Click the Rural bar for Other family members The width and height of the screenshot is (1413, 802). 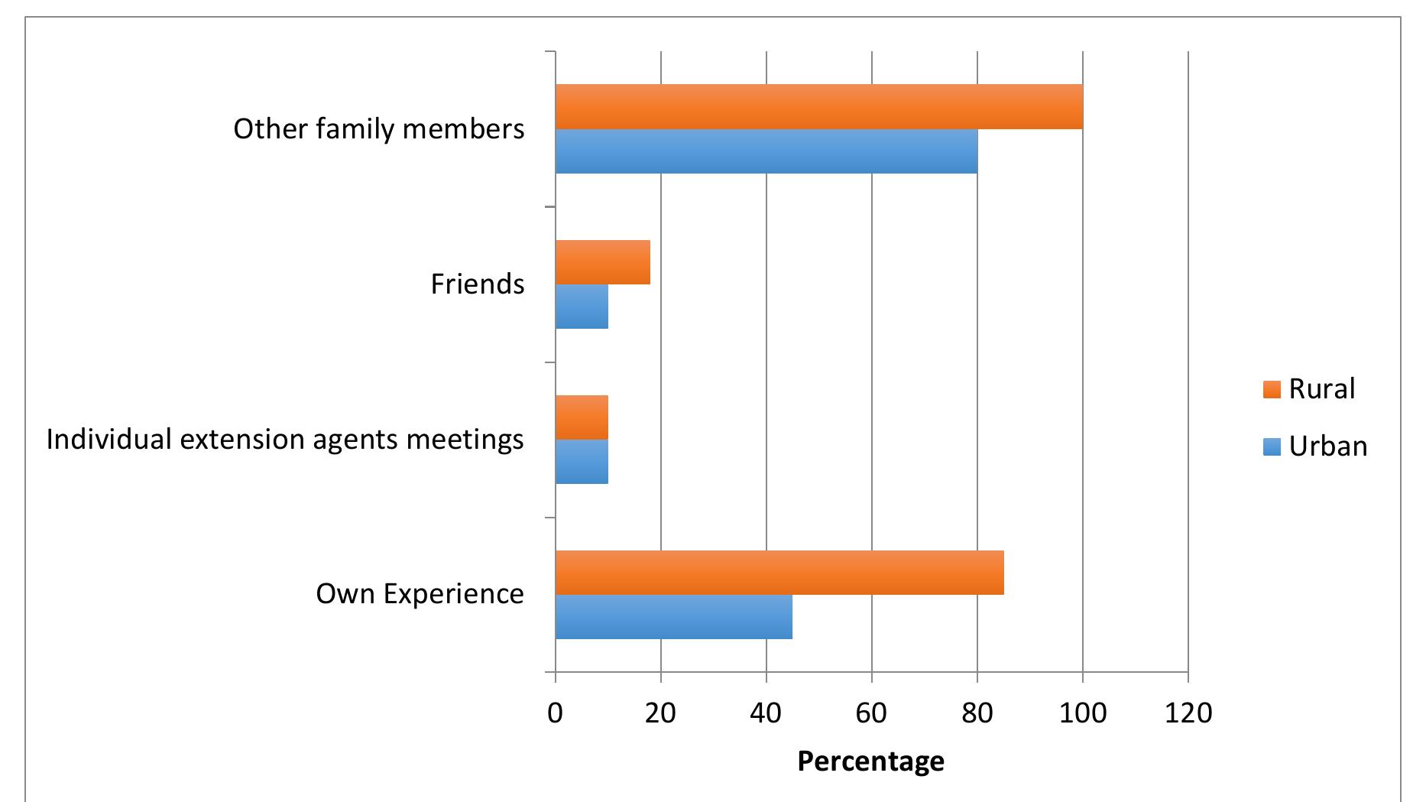pyautogui.click(x=818, y=106)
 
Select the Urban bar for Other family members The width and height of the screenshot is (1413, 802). pyautogui.click(x=766, y=151)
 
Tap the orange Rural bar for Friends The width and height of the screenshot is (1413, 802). pyautogui.click(x=602, y=262)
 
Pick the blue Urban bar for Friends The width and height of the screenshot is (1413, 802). pyautogui.click(x=582, y=307)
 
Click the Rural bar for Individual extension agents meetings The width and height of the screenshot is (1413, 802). pyautogui.click(x=582, y=417)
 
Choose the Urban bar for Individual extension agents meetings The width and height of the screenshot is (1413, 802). pyautogui.click(x=582, y=462)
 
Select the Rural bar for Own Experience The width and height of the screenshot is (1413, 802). pyautogui.click(x=779, y=572)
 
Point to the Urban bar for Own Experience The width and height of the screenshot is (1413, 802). pyautogui.click(x=673, y=616)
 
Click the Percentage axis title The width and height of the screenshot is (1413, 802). pyautogui.click(x=870, y=761)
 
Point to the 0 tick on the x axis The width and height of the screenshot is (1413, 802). pyautogui.click(x=556, y=713)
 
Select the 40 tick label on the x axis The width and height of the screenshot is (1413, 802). pyautogui.click(x=766, y=713)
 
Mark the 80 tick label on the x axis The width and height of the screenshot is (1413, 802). pyautogui.click(x=977, y=713)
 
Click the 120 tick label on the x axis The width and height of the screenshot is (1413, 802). pyautogui.click(x=1188, y=713)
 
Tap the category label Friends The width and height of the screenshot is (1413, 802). pyautogui.click(x=477, y=284)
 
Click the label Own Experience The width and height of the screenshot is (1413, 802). pyautogui.click(x=420, y=594)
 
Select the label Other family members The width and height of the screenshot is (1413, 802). pyautogui.click(x=378, y=129)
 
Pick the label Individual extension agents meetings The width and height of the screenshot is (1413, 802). pyautogui.click(x=285, y=440)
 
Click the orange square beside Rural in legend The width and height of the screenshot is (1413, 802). pyautogui.click(x=1272, y=390)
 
